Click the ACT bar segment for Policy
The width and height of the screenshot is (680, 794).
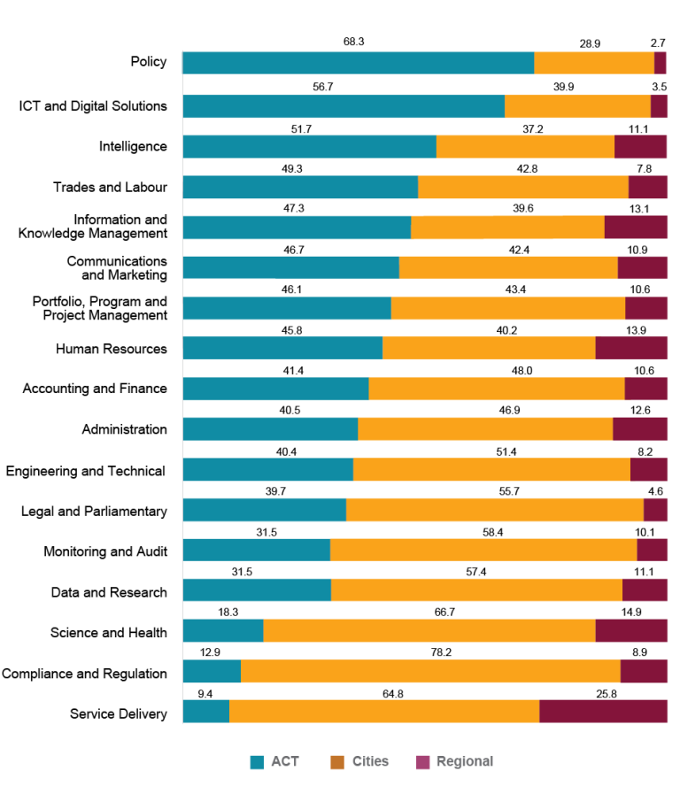coord(358,63)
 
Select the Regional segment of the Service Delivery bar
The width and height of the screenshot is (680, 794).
coord(603,712)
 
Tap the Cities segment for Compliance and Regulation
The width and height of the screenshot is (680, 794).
coord(430,671)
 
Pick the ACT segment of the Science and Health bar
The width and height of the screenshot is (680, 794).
coord(223,630)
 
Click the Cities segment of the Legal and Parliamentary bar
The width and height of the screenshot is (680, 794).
coord(494,510)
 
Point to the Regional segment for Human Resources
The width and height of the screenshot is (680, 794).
coord(630,348)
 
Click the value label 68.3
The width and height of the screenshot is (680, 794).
coord(354,42)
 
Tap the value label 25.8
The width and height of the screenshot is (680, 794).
coord(606,693)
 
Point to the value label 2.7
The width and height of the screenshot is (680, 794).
coord(658,42)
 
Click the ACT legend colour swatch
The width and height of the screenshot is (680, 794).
coord(258,762)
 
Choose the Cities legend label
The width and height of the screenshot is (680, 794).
coord(370,761)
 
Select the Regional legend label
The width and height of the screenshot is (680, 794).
coord(465,761)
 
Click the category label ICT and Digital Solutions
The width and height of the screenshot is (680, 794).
coord(93,106)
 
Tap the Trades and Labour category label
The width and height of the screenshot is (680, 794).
coord(110,187)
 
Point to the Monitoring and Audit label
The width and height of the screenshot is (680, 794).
coord(105,551)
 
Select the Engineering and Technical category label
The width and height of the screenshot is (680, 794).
coord(86,471)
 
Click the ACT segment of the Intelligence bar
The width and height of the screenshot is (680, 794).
coord(309,146)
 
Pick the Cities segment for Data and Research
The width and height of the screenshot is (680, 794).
coord(476,590)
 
